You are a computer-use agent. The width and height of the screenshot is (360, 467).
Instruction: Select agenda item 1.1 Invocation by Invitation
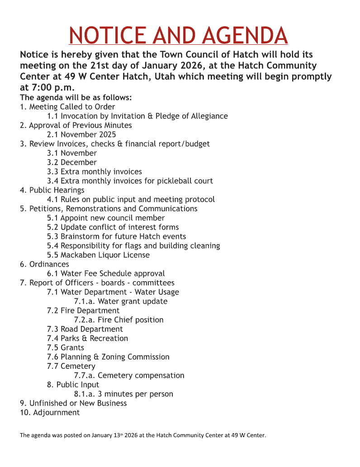pyautogui.click(x=137, y=116)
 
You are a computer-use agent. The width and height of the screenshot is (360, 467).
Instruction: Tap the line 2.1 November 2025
pyautogui.click(x=81, y=134)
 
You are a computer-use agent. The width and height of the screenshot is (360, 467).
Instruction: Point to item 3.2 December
pyautogui.click(x=72, y=162)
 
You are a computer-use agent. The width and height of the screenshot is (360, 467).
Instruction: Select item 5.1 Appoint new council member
pyautogui.click(x=106, y=218)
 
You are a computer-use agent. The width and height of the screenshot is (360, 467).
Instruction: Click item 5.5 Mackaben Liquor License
pyautogui.click(x=98, y=255)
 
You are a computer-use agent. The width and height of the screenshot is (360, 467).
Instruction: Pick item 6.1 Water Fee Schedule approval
pyautogui.click(x=106, y=274)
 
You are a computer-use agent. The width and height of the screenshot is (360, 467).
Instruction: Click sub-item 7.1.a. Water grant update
pyautogui.click(x=121, y=302)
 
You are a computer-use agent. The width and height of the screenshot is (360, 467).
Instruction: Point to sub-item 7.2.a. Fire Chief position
pyautogui.click(x=119, y=320)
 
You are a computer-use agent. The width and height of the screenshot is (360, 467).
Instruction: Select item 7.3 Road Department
pyautogui.click(x=85, y=329)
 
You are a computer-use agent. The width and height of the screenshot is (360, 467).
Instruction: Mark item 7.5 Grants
pyautogui.click(x=66, y=348)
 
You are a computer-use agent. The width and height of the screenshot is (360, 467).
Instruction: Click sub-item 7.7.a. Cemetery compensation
pyautogui.click(x=129, y=376)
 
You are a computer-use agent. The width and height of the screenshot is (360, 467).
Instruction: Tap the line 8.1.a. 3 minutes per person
pyautogui.click(x=123, y=394)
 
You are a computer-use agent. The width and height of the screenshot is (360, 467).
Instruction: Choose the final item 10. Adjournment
pyautogui.click(x=50, y=413)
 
